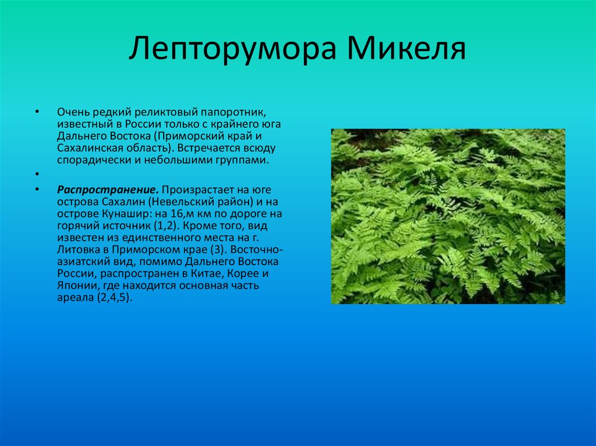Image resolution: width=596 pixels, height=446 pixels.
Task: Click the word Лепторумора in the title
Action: [232, 49]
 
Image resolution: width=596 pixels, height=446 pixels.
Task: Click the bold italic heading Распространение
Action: [107, 190]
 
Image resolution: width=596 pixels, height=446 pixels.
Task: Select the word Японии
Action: [76, 286]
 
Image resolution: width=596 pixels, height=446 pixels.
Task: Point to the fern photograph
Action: [448, 216]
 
